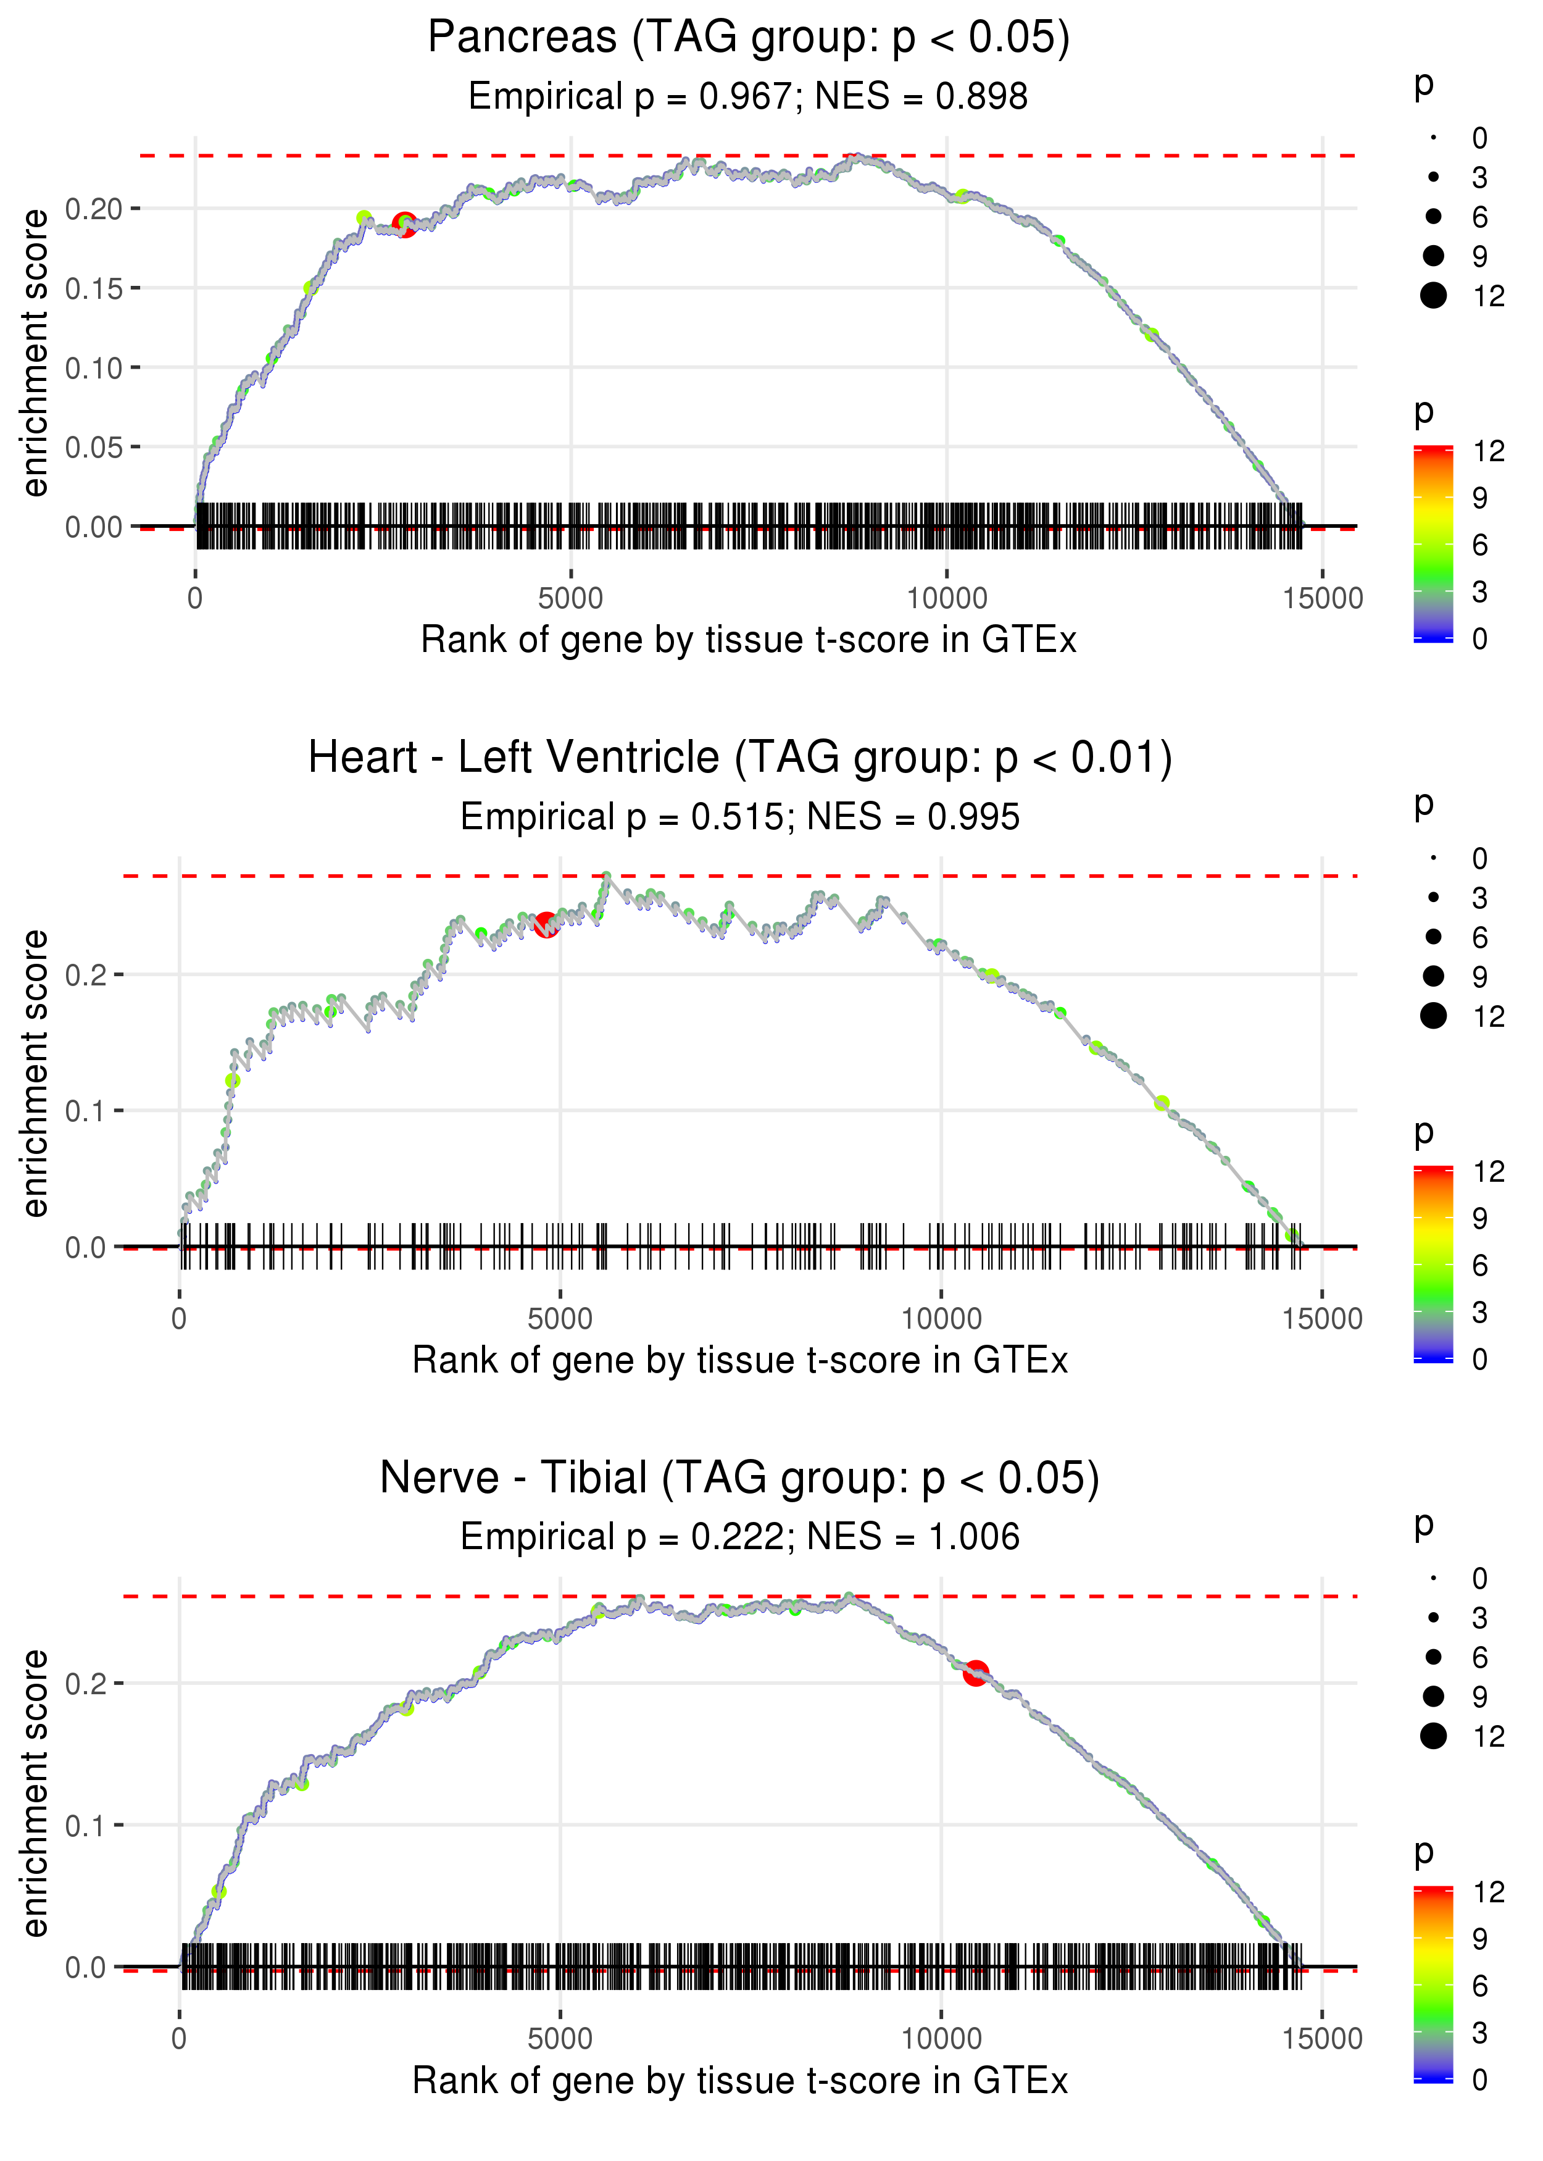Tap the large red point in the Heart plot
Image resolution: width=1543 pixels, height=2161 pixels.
coord(546,924)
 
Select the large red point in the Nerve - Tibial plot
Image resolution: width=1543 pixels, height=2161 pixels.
coord(976,1673)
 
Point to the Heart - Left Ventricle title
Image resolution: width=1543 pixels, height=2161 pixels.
coord(740,758)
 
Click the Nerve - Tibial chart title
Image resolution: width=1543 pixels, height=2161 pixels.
coord(740,1478)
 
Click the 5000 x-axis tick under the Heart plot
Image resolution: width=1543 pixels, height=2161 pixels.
coord(560,1319)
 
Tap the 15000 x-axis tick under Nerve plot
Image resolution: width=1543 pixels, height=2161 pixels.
coord(1321,2038)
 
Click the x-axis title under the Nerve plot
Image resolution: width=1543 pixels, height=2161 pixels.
coord(740,2080)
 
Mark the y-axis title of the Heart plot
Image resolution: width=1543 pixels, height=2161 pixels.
coord(35,1074)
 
